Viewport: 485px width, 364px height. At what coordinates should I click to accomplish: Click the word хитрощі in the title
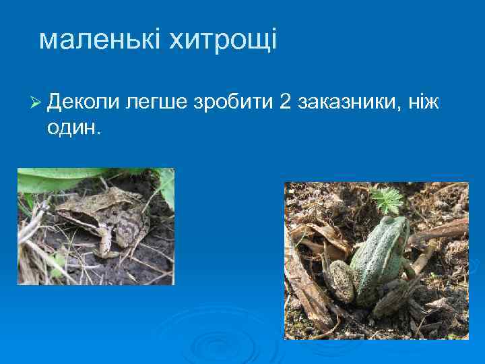222,40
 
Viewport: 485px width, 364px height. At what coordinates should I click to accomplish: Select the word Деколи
84,102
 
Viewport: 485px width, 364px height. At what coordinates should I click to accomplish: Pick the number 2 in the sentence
284,102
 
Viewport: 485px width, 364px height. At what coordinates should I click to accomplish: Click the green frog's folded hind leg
340,280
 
